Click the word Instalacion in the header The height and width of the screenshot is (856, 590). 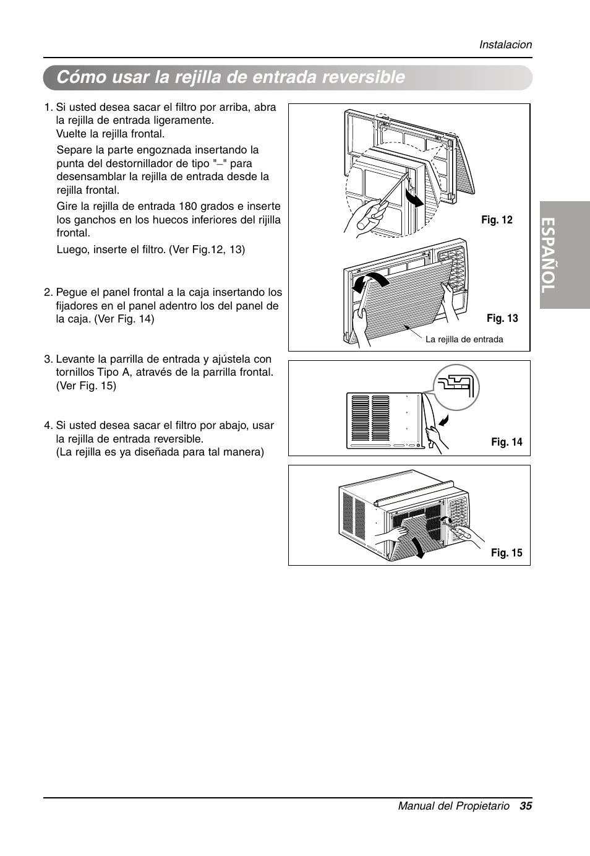(x=505, y=45)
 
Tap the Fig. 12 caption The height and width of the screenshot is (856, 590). (x=497, y=220)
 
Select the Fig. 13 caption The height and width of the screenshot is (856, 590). (x=502, y=318)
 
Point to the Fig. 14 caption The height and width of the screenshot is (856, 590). (x=507, y=442)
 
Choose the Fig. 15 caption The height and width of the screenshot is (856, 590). (x=507, y=553)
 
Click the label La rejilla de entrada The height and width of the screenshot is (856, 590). (x=464, y=339)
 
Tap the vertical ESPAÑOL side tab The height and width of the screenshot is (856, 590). (x=564, y=255)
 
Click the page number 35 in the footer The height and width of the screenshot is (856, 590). (x=526, y=806)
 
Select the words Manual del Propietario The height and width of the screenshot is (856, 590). (x=453, y=806)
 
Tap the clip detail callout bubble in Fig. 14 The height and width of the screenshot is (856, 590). (x=456, y=387)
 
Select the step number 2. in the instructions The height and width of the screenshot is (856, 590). (x=48, y=292)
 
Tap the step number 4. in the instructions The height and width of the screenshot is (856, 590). (x=48, y=425)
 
